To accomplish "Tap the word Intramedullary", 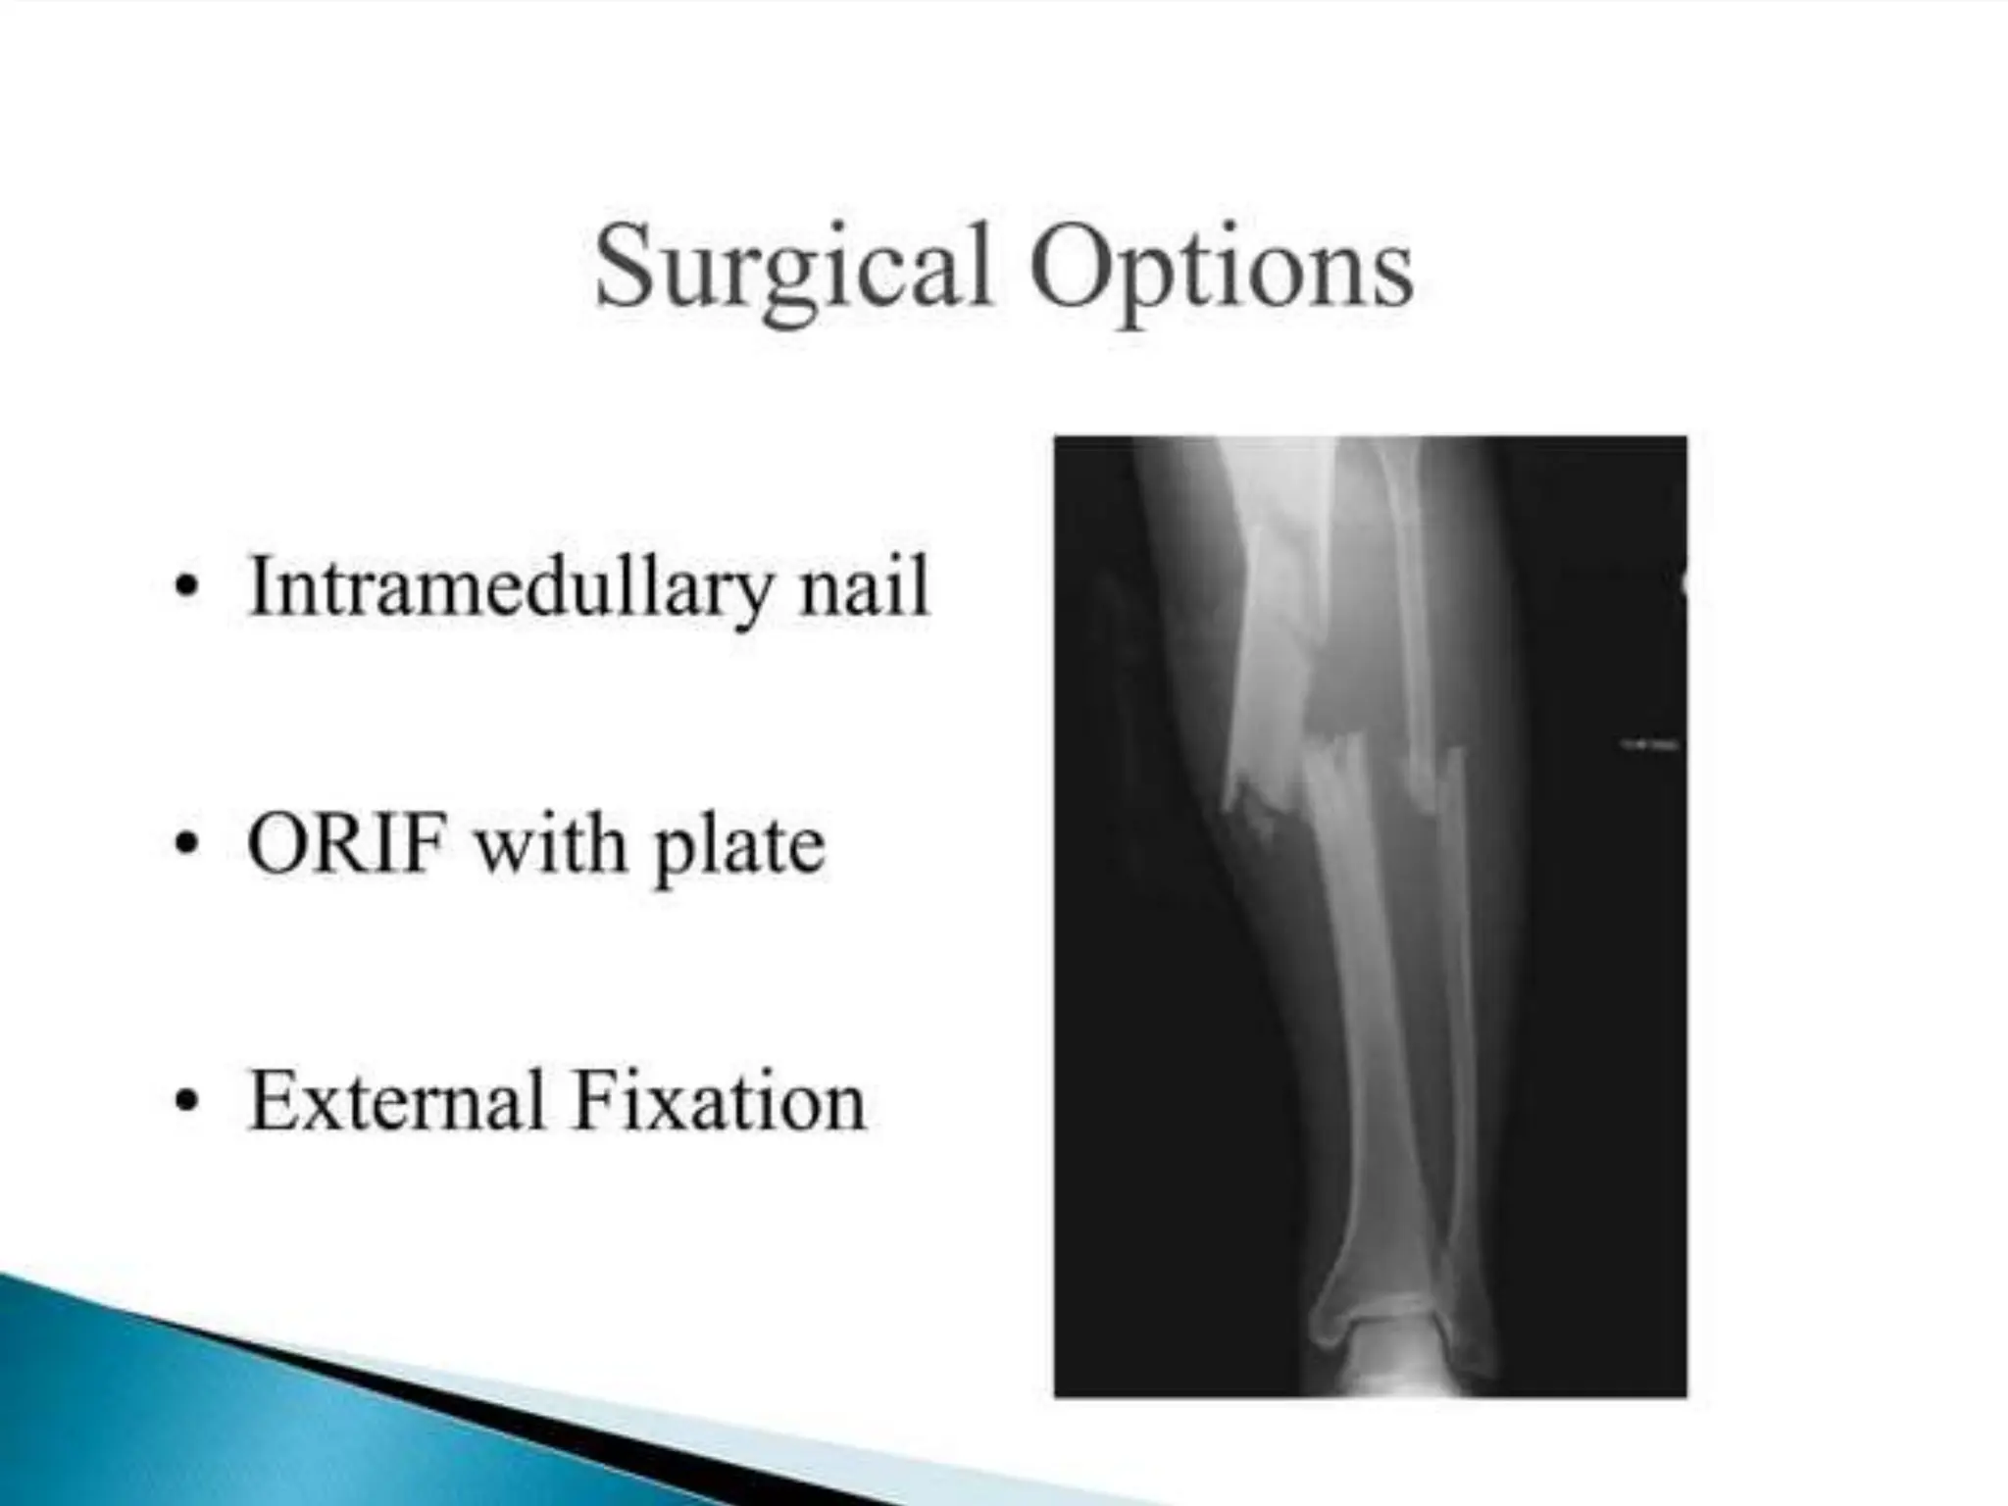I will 510,588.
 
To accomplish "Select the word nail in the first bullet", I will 863,588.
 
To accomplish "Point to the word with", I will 550,845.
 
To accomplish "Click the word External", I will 397,1102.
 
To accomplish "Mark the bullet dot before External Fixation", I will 185,1104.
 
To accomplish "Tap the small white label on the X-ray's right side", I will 1647,745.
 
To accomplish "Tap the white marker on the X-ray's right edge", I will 1683,586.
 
